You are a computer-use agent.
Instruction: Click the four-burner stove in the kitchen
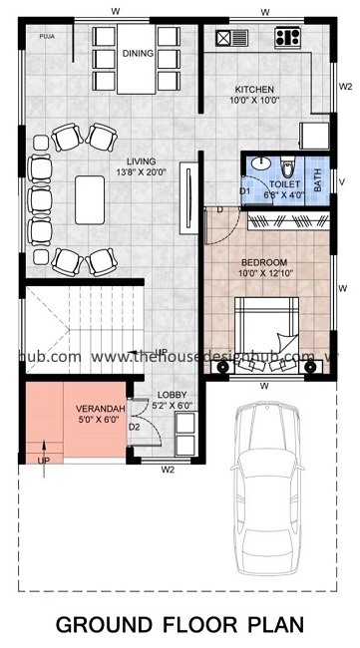click(x=287, y=39)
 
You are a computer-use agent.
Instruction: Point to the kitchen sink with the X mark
click(x=224, y=39)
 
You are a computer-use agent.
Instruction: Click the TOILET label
click(x=285, y=184)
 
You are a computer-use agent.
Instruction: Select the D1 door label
click(x=244, y=191)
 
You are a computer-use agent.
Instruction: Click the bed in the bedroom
click(x=264, y=329)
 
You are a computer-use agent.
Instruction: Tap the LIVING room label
click(x=140, y=162)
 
